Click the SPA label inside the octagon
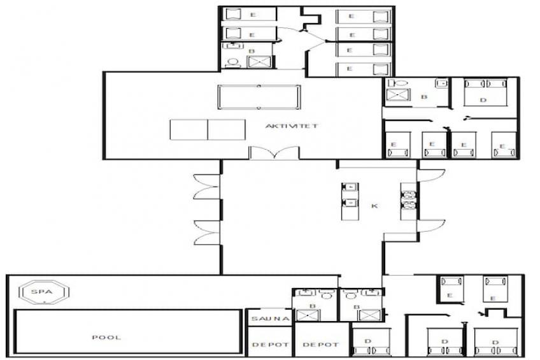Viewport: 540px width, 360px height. (x=41, y=292)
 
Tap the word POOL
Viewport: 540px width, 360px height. (x=106, y=337)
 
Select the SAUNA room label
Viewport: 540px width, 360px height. (x=271, y=319)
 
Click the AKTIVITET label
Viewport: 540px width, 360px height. (x=292, y=126)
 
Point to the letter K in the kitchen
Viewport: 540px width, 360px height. (x=374, y=206)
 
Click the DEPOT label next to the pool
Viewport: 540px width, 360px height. (x=271, y=345)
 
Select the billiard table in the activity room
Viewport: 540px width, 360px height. (x=259, y=97)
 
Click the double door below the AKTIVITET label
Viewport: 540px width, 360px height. (x=274, y=153)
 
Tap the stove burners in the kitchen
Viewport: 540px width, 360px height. (x=409, y=200)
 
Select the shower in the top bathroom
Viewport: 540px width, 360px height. (x=259, y=62)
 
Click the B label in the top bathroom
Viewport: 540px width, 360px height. (x=252, y=51)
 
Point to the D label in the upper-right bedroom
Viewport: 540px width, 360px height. (x=483, y=100)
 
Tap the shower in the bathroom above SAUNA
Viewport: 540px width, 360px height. (x=308, y=315)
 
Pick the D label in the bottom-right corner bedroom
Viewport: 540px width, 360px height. (x=495, y=342)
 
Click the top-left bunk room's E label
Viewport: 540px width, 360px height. (x=253, y=15)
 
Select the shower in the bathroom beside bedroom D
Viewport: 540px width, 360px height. (x=398, y=95)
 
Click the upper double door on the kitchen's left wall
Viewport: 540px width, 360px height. (x=206, y=187)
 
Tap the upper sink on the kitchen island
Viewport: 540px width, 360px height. (x=350, y=187)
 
